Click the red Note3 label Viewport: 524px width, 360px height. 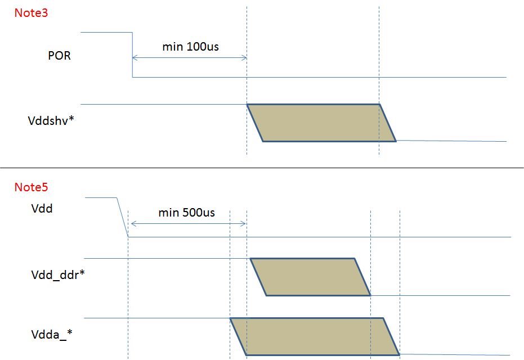(31, 12)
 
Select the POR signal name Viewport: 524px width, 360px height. (59, 56)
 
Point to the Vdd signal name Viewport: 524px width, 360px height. (42, 209)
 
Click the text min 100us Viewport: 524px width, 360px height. (190, 47)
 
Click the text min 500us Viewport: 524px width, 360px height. (186, 213)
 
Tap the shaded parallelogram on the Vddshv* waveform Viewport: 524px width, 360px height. (321, 123)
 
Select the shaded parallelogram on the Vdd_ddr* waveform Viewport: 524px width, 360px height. (310, 277)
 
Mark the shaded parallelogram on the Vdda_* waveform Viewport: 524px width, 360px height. (315, 336)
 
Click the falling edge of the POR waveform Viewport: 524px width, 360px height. (132, 55)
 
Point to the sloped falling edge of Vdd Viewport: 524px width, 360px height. (122, 217)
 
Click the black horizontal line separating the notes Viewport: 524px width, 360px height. (262, 168)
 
